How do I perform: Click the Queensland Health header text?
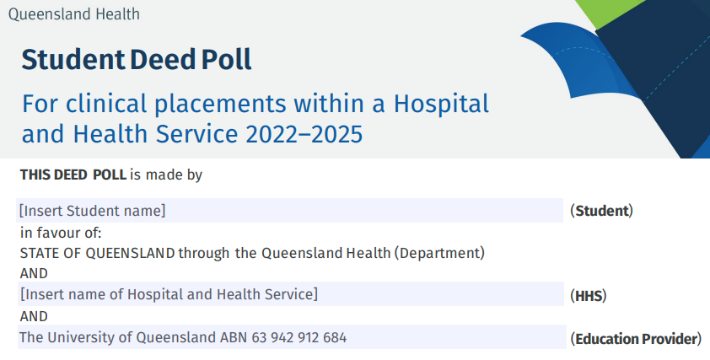coord(73,14)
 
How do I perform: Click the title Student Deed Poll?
coord(137,60)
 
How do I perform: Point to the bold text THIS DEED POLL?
coord(73,175)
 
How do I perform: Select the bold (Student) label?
coord(601,211)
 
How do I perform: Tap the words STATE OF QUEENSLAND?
coord(98,252)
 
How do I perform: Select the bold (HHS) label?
coord(589,296)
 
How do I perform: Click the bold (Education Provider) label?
coord(636,339)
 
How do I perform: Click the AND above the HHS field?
coord(34,273)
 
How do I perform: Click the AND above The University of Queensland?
coord(34,316)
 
